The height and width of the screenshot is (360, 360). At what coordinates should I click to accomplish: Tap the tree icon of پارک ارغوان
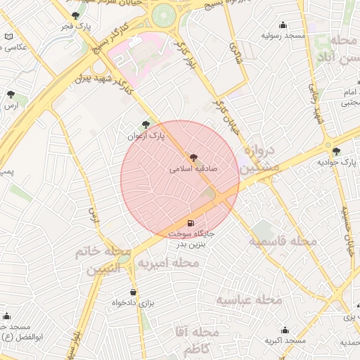pos(146,124)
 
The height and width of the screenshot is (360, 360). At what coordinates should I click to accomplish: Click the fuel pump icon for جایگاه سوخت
pos(191,222)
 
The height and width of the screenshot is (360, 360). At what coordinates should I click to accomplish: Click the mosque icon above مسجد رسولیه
pos(283,25)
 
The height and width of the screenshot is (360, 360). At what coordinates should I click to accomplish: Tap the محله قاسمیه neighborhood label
pos(281,242)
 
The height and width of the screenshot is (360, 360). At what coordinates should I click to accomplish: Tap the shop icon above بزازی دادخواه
pos(133,292)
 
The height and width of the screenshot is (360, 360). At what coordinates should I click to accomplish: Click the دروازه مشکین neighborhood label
pos(261,160)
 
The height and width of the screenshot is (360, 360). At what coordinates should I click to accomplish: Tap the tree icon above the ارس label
pos(10,94)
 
